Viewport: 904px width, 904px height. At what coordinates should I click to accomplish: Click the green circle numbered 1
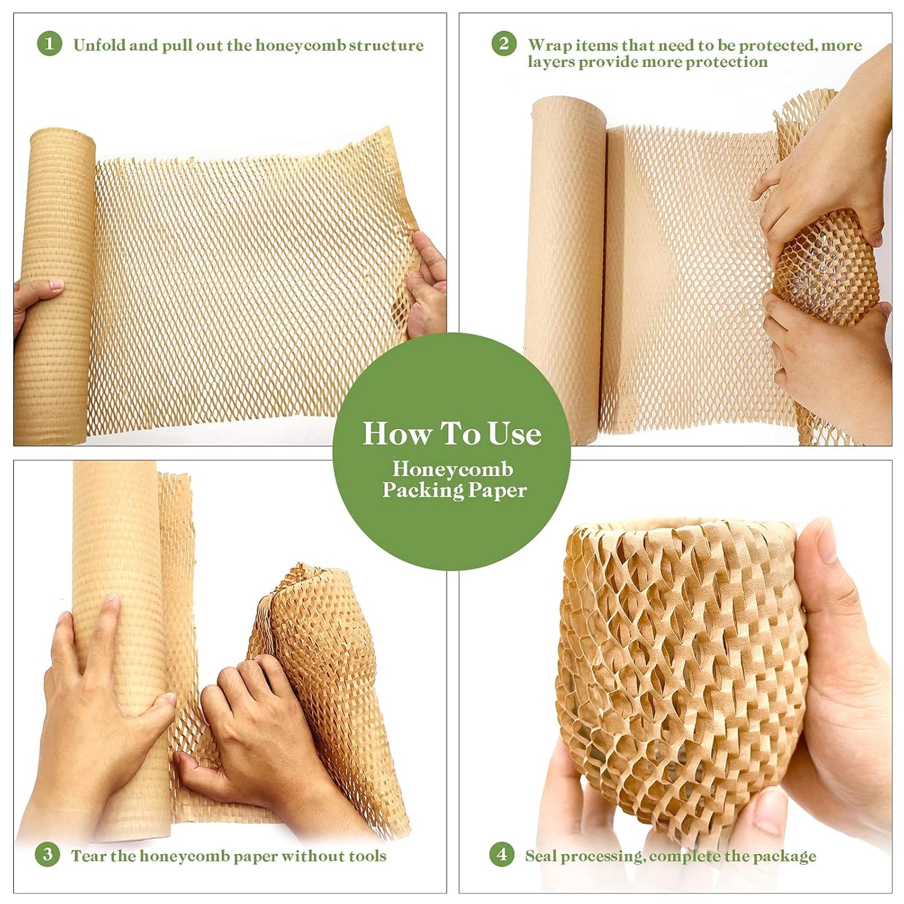(x=49, y=44)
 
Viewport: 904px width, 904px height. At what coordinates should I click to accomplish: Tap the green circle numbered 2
(x=504, y=44)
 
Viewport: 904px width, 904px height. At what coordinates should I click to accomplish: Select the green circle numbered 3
(x=48, y=855)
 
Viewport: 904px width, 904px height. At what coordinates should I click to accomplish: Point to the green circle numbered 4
(x=502, y=855)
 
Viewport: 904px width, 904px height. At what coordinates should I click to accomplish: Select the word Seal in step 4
(x=541, y=856)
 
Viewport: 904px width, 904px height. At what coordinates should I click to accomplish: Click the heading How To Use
(x=452, y=434)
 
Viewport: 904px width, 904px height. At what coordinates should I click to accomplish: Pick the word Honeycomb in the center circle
(x=452, y=469)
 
